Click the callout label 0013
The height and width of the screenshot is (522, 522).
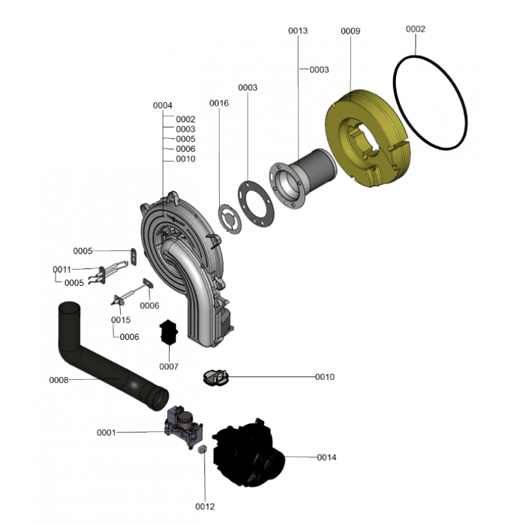[298, 31]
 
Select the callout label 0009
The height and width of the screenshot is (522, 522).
[350, 31]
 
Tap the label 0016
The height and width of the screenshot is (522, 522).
[219, 103]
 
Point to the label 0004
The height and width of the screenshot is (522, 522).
[162, 105]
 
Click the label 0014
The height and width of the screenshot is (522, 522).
[326, 457]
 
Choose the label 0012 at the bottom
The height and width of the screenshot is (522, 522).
[205, 506]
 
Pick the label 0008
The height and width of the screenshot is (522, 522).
[59, 380]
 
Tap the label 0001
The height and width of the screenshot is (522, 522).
[106, 433]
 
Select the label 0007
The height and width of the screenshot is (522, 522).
[169, 367]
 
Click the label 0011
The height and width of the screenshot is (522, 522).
[62, 269]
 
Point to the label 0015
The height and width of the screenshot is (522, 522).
[121, 320]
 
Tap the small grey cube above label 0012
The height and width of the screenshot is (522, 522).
[202, 449]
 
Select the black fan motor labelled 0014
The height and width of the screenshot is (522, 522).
[248, 451]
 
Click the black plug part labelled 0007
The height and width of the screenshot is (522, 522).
[168, 332]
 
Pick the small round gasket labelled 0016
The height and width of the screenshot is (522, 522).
[230, 219]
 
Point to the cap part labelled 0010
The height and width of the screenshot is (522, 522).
[216, 378]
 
